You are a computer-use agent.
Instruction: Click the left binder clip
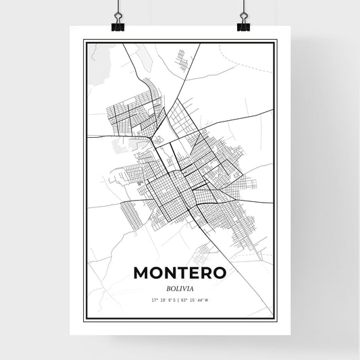118,26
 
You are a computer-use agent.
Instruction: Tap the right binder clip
243,26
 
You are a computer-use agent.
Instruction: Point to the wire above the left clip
118,8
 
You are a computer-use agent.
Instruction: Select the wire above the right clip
243,8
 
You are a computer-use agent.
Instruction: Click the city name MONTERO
180,272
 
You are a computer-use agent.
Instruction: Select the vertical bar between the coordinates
180,299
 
